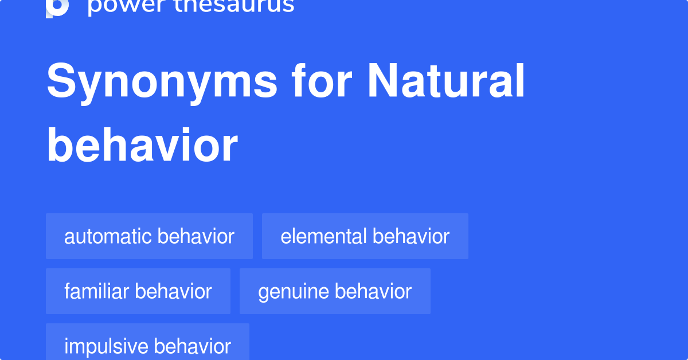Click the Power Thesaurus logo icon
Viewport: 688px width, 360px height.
click(x=57, y=7)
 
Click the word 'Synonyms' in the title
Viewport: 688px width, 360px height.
click(x=162, y=82)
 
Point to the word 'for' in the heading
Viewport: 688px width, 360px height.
click(x=322, y=82)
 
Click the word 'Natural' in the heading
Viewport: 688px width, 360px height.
click(x=446, y=82)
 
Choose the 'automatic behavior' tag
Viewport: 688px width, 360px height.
click(x=149, y=236)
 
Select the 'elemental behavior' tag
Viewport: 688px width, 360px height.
click(x=365, y=236)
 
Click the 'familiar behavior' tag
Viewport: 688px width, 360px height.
click(x=138, y=291)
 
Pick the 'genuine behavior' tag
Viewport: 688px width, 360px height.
click(x=335, y=291)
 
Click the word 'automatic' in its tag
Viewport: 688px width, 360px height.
click(x=108, y=236)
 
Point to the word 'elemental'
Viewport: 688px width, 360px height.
click(x=323, y=236)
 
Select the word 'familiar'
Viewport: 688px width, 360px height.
click(x=97, y=291)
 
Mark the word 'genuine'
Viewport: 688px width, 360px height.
click(x=293, y=291)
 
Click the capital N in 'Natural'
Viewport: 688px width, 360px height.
click(x=382, y=82)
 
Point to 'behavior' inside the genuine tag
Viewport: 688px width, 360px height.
click(x=373, y=291)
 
